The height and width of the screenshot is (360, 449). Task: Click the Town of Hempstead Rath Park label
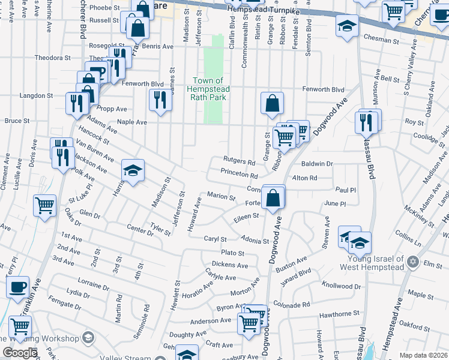coord(207,89)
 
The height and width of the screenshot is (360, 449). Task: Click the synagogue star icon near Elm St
coord(412,262)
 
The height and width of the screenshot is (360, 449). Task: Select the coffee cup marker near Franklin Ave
coord(18,287)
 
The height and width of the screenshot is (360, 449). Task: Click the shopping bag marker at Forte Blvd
coord(273,197)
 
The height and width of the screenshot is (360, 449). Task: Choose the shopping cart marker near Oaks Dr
coord(45,206)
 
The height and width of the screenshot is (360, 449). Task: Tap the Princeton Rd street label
coord(239,176)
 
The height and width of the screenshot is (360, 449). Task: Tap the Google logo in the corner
coord(20,353)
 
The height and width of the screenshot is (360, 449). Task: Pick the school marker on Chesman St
coord(347,26)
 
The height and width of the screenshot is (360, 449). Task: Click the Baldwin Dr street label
coord(317,163)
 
